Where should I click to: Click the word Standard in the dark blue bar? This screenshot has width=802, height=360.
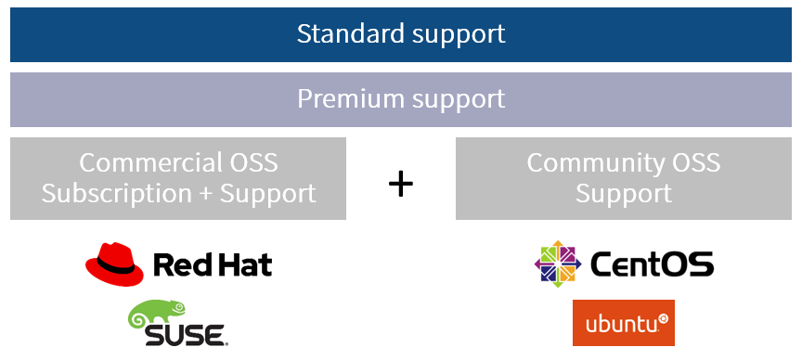(350, 33)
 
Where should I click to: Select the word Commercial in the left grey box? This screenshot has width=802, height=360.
(141, 162)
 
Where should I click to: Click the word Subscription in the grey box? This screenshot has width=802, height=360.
(117, 194)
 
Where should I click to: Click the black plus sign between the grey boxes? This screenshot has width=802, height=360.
(400, 184)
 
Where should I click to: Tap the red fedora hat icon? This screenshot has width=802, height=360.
(114, 264)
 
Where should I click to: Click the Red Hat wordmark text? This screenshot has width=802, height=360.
(213, 264)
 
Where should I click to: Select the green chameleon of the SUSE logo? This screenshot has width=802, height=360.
(156, 314)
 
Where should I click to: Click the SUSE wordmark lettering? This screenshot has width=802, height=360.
(184, 335)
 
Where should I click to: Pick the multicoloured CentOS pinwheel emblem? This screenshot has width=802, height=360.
(558, 264)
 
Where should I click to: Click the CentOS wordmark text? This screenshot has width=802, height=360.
(652, 264)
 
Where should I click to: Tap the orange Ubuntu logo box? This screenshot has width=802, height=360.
(624, 323)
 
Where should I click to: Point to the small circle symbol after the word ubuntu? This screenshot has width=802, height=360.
(663, 318)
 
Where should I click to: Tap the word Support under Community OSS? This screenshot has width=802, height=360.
(624, 195)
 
